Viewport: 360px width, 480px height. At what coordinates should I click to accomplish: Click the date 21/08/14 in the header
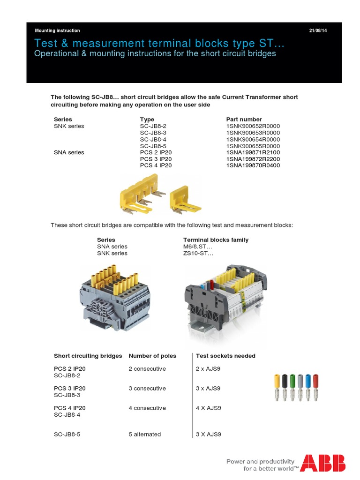[x=318, y=30]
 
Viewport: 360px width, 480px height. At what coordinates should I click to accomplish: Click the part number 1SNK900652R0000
[x=253, y=126]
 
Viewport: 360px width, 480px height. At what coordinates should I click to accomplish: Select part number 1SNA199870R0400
[x=253, y=165]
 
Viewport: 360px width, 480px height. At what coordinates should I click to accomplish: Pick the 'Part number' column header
[x=244, y=119]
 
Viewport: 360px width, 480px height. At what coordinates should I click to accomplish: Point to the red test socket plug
[x=315, y=387]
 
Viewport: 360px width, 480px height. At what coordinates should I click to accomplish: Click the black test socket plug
[x=284, y=387]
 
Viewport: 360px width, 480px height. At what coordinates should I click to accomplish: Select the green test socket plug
[x=292, y=387]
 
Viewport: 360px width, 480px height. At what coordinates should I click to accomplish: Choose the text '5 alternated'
[x=144, y=435]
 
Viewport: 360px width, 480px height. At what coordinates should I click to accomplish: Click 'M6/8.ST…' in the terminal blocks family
[x=198, y=247]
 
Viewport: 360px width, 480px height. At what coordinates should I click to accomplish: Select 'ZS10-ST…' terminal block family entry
[x=198, y=253]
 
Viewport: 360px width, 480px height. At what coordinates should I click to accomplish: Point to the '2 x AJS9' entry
[x=208, y=369]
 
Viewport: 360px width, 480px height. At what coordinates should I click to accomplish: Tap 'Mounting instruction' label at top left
[x=57, y=30]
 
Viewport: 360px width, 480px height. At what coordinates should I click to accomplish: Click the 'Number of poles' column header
[x=152, y=356]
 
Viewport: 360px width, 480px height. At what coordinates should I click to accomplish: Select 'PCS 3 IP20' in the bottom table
[x=69, y=389]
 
